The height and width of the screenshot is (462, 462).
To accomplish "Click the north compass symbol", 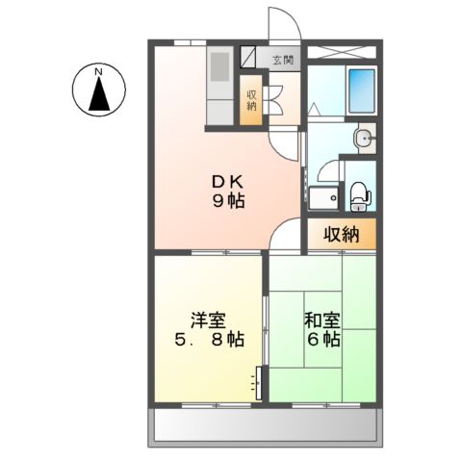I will click(x=98, y=91).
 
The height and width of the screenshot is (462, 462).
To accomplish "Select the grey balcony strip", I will click(x=264, y=426).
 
